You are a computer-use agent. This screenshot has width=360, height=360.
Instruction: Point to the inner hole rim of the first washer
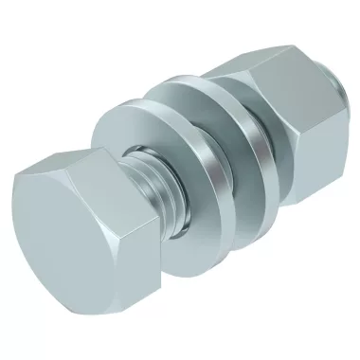coord(142,161)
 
